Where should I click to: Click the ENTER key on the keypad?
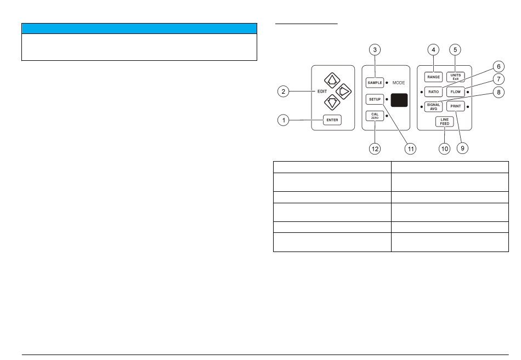click(332, 121)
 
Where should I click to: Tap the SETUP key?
click(375, 100)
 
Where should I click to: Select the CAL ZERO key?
click(375, 116)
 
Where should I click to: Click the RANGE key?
click(433, 77)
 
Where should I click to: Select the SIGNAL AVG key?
click(433, 106)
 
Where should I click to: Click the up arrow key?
click(331, 82)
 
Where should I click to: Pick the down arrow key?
click(331, 102)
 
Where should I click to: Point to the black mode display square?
click(401, 100)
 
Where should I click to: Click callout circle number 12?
click(375, 148)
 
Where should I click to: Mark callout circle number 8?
click(498, 93)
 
